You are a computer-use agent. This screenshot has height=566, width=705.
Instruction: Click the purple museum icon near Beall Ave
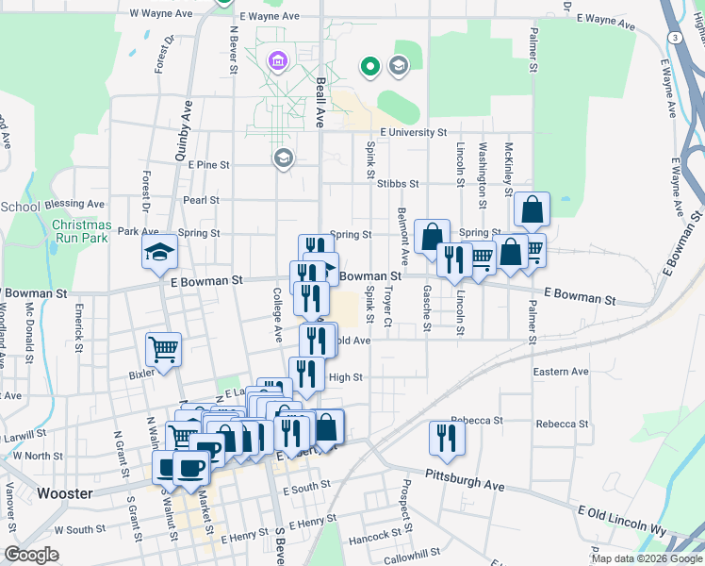[277, 62]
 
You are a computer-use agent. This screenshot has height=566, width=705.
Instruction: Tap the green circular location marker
[370, 67]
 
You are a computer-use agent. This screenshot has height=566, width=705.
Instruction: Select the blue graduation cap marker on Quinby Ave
[159, 251]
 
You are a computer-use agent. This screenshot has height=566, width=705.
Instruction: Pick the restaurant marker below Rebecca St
[447, 438]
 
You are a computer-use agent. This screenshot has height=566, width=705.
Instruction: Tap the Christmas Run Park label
[81, 232]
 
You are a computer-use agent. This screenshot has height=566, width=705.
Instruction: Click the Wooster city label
[63, 493]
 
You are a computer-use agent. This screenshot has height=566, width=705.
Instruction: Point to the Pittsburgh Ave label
[465, 481]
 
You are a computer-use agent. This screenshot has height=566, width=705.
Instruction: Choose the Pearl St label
[201, 200]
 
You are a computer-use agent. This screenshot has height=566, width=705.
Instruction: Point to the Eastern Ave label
[561, 372]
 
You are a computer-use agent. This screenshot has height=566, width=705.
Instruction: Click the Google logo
[31, 555]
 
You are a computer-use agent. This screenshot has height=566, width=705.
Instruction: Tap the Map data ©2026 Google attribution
[647, 558]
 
